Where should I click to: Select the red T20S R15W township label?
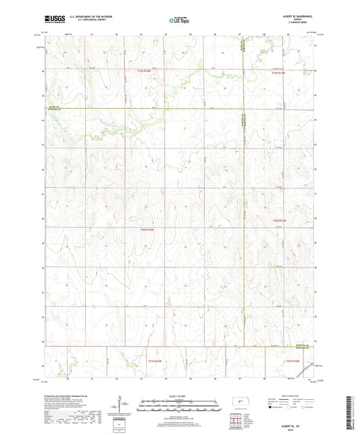(280, 221)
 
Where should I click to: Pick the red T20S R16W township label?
(146, 230)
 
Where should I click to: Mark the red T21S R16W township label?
(156, 361)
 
